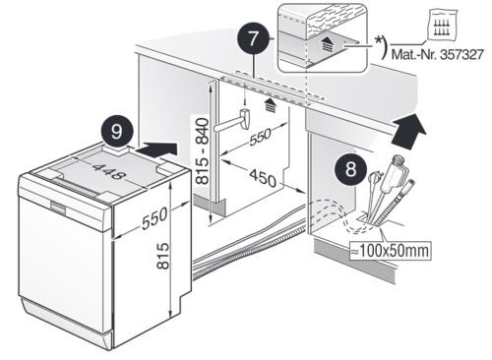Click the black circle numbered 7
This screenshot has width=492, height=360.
coord(253,40)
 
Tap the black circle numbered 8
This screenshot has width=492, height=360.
coord(350,169)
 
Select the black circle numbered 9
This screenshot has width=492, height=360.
coord(117,132)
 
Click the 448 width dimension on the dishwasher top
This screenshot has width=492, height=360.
coord(109,172)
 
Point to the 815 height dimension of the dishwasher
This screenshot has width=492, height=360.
coord(162,256)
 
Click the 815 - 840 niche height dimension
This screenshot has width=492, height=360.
coord(202,151)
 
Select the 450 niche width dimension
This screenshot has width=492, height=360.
coord(263,178)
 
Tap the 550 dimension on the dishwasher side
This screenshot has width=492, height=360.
coord(154,218)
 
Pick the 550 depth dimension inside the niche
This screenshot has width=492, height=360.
coord(260,136)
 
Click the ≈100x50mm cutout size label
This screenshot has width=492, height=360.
coord(390,251)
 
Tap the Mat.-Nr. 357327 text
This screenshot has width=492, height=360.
coord(438,54)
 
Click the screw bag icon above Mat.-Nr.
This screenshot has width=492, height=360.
coord(442,26)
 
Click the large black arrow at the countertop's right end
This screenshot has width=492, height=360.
coord(408,131)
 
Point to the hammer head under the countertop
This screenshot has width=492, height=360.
coord(246,119)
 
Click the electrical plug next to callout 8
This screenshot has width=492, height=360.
coord(373,179)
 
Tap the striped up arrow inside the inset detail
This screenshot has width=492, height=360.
coord(326,42)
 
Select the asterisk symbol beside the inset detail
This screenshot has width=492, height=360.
coord(378,40)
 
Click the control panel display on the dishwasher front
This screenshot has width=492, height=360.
coord(58,208)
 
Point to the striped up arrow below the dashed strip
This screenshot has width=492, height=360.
coord(271,104)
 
